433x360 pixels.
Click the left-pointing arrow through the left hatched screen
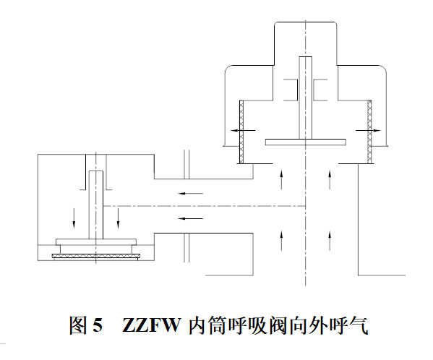click(x=244, y=130)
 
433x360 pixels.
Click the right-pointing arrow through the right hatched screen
click(x=368, y=130)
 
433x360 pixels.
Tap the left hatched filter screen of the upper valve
click(x=241, y=132)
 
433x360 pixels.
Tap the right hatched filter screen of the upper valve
click(x=370, y=132)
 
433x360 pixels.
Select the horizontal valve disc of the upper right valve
click(x=306, y=142)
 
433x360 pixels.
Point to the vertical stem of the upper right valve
click(x=306, y=98)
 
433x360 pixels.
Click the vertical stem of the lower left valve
click(x=96, y=205)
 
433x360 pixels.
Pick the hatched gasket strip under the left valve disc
click(x=96, y=257)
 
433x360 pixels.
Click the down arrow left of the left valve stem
click(x=74, y=218)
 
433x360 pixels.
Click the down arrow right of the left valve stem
click(x=119, y=218)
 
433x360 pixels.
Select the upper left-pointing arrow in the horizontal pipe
click(x=191, y=193)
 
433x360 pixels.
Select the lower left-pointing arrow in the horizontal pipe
click(x=191, y=218)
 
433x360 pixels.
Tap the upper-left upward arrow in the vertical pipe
click(x=281, y=180)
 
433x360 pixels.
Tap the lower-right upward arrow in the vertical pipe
click(x=330, y=241)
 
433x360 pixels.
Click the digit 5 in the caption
click(x=98, y=325)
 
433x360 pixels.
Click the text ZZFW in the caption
click(x=151, y=325)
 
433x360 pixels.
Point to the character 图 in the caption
click(x=78, y=325)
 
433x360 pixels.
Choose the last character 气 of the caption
click(x=359, y=325)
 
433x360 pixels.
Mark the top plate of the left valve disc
click(x=96, y=242)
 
